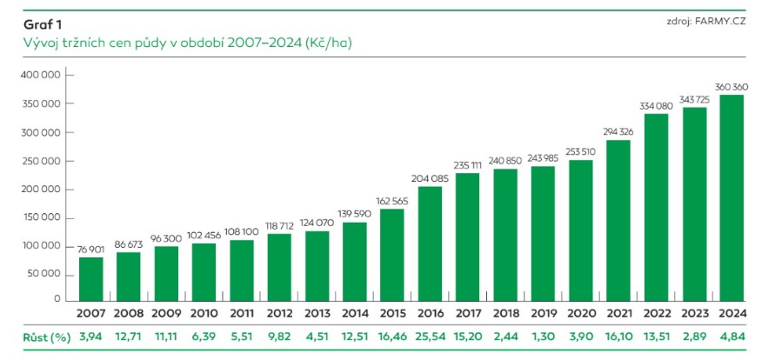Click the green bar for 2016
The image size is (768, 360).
(x=431, y=243)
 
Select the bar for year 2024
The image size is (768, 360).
(x=733, y=197)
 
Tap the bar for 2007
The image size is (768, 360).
(x=91, y=278)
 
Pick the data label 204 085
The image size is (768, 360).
(x=431, y=179)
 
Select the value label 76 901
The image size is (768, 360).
(x=91, y=250)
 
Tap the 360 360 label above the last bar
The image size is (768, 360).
(x=733, y=87)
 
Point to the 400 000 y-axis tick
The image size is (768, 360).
(x=38, y=76)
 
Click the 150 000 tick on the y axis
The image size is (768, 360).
(x=38, y=217)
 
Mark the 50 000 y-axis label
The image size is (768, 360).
(x=41, y=274)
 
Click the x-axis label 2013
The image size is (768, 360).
(x=317, y=312)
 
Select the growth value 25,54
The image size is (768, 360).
(x=431, y=336)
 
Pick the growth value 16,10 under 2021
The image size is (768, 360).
(x=620, y=336)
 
